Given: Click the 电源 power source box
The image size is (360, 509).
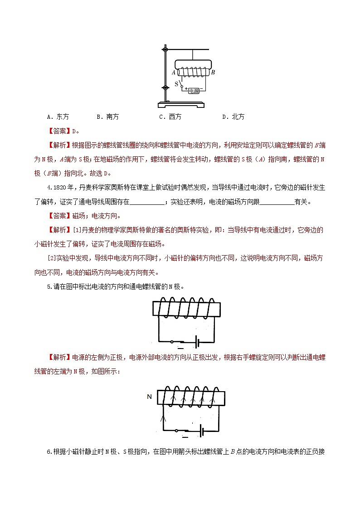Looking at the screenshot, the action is coord(194,90).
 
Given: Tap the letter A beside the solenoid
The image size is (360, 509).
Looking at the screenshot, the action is coord(174,72).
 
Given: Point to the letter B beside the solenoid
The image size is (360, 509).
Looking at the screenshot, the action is coord(213,72).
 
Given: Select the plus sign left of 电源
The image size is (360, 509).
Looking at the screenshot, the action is coord(186,88).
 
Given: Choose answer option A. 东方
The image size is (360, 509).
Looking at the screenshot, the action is coord(58,117).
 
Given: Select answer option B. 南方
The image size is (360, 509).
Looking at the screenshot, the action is coord(107,117).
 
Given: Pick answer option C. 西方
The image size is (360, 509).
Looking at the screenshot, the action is coord(170,117).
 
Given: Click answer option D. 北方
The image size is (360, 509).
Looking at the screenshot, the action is coord(233,117).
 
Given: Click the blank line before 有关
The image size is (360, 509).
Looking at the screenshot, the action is coord(277,202).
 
